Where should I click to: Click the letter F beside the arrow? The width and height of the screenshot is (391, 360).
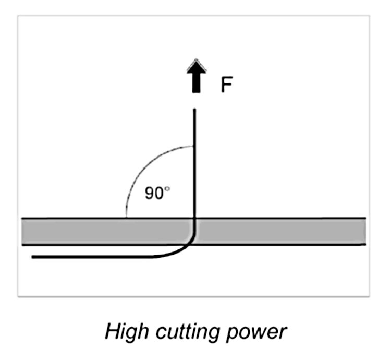tap(226, 85)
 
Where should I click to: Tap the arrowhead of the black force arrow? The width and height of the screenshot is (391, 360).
tap(195, 65)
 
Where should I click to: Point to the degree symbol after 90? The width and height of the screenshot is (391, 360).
tap(167, 189)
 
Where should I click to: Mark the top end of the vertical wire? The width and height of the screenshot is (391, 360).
tap(195, 110)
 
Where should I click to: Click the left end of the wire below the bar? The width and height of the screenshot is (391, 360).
tap(33, 257)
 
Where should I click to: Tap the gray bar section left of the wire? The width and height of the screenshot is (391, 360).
tap(104, 232)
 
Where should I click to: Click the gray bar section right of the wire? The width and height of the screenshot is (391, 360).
tap(282, 232)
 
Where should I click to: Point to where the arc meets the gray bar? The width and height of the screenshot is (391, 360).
tap(126, 217)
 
